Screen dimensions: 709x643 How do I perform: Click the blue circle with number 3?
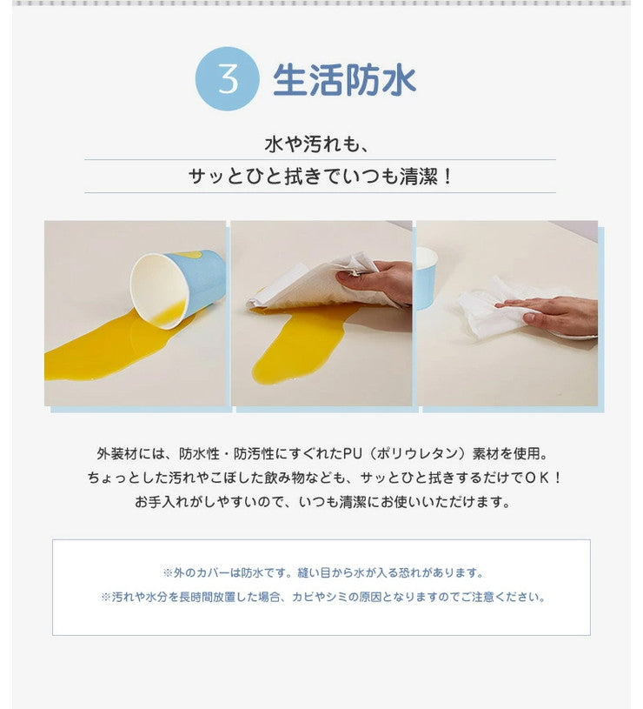coord(228,78)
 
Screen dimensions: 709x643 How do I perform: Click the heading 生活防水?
coord(345,79)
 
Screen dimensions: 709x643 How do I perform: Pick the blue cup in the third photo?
coord(426,277)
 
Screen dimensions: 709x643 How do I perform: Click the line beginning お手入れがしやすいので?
coord(321,502)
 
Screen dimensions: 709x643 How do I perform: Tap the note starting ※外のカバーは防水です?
coord(322,573)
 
